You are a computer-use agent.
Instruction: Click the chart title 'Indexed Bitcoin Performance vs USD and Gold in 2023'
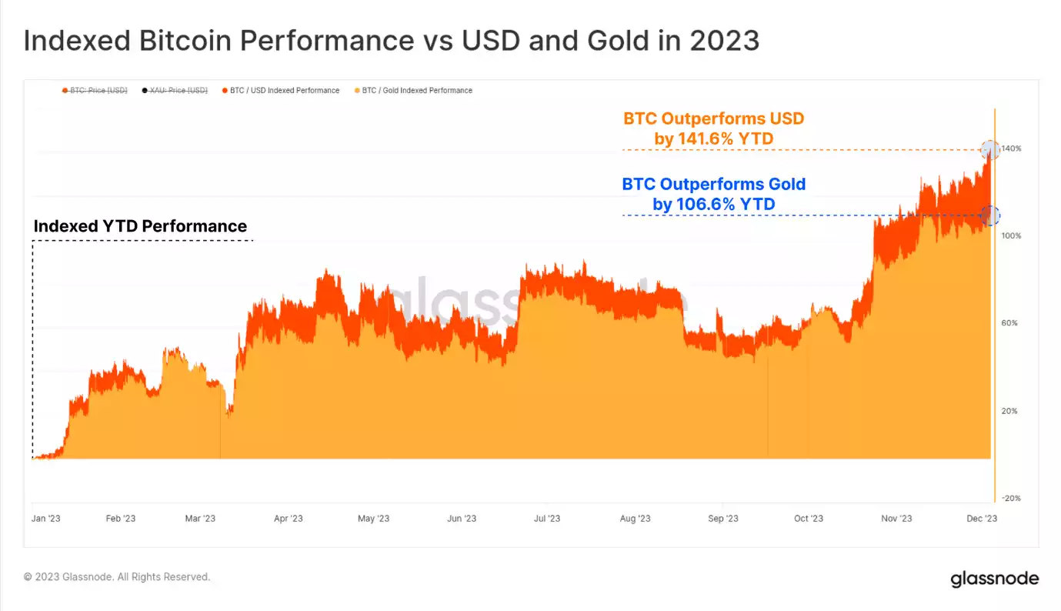click(391, 40)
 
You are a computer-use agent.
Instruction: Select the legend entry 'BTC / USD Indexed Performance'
click(284, 91)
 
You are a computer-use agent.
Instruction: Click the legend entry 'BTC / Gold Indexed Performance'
click(416, 91)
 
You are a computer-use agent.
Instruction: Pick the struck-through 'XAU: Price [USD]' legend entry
click(178, 91)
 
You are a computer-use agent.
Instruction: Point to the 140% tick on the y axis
click(1011, 148)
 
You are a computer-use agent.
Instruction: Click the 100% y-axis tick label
click(1011, 235)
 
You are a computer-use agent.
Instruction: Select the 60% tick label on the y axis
click(1009, 323)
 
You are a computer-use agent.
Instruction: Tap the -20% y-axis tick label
click(1011, 499)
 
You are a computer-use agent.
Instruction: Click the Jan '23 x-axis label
click(45, 519)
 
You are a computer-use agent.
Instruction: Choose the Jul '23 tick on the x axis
click(546, 519)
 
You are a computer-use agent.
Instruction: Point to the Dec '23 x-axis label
click(982, 519)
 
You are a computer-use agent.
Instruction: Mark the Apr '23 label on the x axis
click(288, 519)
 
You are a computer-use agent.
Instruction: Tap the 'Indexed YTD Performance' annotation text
click(140, 226)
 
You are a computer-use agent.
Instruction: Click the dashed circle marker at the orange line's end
click(990, 149)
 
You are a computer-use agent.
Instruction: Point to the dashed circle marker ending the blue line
click(991, 215)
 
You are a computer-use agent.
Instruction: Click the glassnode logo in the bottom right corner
click(994, 579)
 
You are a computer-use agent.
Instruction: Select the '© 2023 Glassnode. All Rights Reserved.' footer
click(117, 577)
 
